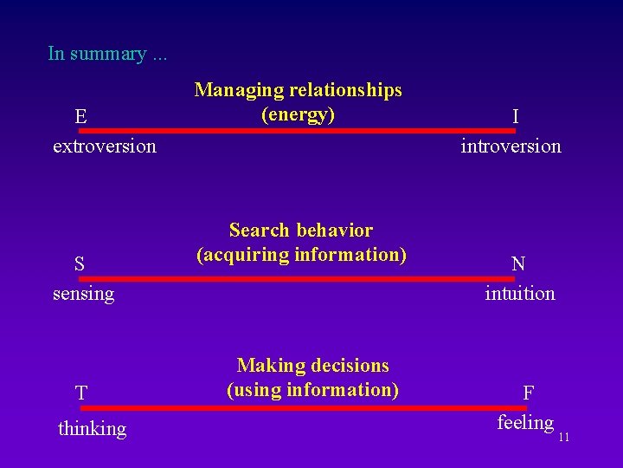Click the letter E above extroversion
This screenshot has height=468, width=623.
pos(80,116)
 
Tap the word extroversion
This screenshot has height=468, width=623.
pos(105,146)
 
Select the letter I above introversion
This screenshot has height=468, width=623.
pos(516,116)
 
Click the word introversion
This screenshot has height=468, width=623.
pos(511,146)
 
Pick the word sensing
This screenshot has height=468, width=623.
pos(83,294)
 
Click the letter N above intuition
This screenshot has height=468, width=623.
pos(518,264)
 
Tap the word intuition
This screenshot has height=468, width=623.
pos(520,294)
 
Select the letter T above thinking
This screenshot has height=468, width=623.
pos(80,393)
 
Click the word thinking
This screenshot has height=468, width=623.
pos(92,428)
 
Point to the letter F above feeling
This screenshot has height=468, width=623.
pos(528,393)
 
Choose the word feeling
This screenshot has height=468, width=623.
pos(525,423)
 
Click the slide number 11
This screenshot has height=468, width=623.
pos(563,437)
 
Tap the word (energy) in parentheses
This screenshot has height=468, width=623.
pos(298,114)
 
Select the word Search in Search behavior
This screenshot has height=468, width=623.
pos(259,231)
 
